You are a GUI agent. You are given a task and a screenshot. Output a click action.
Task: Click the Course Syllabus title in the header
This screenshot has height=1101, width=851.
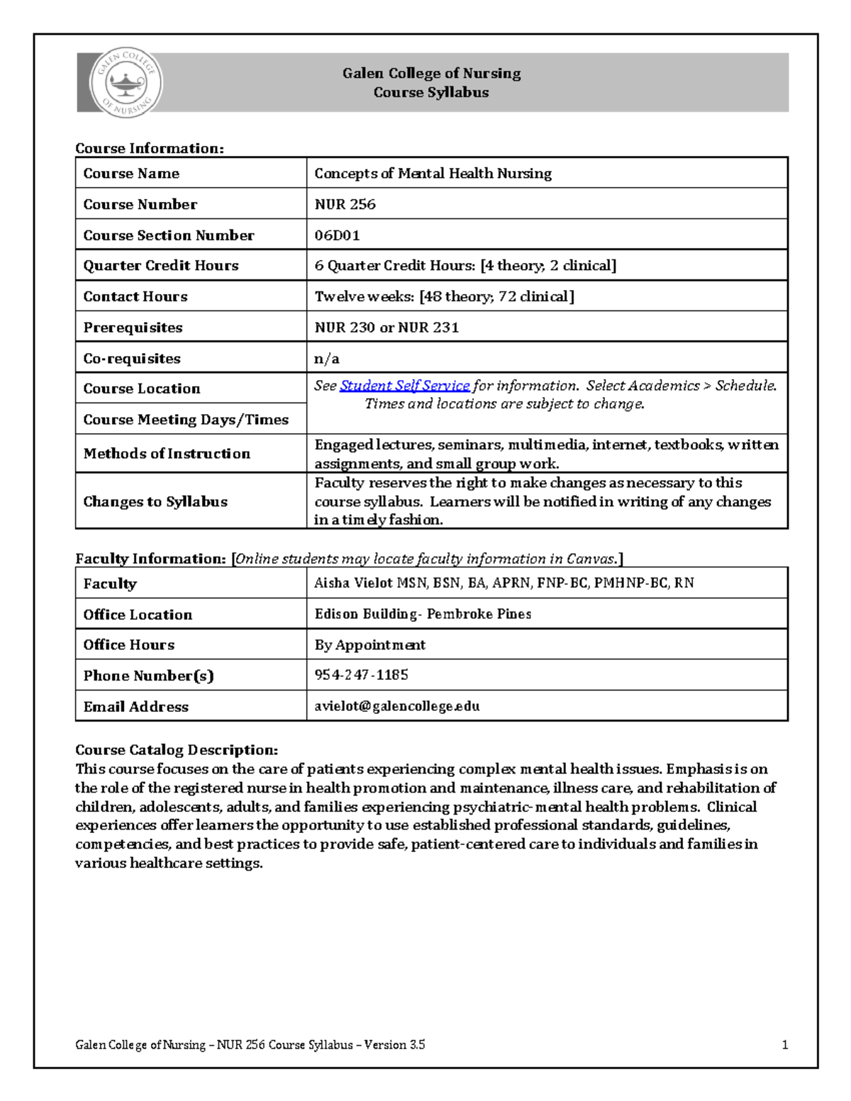coord(431,92)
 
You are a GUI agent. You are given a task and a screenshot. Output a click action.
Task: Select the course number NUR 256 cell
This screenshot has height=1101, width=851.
coord(345,204)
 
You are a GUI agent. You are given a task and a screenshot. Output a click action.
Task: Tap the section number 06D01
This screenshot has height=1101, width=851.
coord(337,235)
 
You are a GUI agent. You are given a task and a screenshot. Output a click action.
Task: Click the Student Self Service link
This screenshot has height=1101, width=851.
coord(404,386)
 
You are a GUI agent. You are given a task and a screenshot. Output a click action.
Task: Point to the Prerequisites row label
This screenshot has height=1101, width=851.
coord(133,328)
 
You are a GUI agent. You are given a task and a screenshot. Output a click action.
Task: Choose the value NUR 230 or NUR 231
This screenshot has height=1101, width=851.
coord(386,328)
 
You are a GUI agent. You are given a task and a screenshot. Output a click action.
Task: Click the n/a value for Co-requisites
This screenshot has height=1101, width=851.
coord(327,359)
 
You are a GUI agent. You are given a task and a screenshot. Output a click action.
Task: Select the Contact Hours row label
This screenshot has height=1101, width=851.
coord(135,296)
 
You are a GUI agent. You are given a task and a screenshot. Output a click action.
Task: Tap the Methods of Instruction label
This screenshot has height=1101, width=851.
coord(167,454)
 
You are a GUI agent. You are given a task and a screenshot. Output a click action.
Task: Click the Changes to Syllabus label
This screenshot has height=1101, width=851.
coord(155,502)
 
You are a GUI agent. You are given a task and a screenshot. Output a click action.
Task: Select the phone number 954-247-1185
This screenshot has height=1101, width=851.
coord(361,675)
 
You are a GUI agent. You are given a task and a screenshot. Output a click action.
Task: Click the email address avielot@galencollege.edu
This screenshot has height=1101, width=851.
coord(397,706)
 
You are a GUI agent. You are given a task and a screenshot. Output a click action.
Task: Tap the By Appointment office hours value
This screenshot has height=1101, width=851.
coord(369,645)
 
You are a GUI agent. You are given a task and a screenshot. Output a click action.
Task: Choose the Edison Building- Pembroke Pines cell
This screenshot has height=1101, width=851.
coord(423,614)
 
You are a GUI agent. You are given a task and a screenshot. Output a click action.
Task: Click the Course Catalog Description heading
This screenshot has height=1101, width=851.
coord(177,750)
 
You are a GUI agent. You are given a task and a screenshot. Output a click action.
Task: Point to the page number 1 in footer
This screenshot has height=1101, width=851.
coord(784,1045)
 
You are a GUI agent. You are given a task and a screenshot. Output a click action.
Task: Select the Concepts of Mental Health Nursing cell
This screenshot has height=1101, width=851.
coord(433,174)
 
